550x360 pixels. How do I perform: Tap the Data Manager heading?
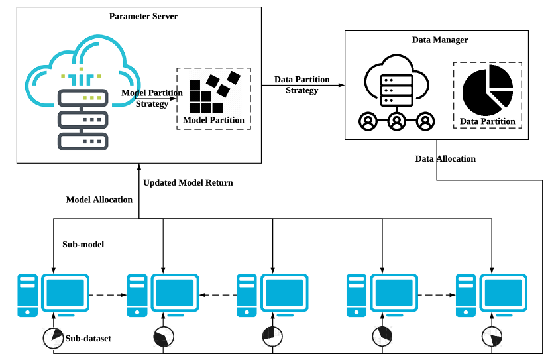coord(440,40)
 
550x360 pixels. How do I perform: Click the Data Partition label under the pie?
coord(488,121)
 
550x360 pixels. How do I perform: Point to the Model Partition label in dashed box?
coord(213,120)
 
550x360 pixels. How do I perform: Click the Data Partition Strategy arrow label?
coord(302,85)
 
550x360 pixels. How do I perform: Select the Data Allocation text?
coord(445,159)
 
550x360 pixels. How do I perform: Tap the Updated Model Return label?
coord(188,182)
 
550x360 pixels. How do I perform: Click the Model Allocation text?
coord(99,200)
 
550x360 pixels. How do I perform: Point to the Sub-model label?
coord(83,245)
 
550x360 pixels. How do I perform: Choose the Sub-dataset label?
coord(88,339)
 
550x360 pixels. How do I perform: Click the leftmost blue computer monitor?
coord(64,291)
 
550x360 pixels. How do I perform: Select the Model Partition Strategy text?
coord(152,98)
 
